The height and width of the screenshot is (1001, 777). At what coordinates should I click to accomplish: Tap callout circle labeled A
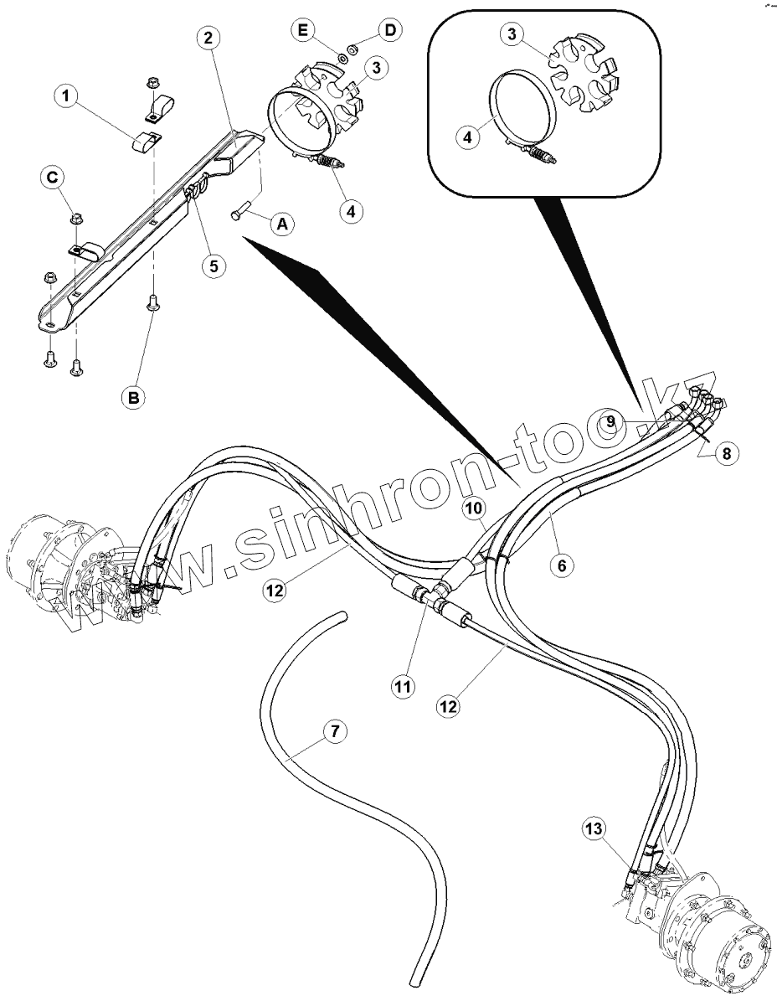tap(282, 224)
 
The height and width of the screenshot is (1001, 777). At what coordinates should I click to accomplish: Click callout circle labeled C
tap(53, 178)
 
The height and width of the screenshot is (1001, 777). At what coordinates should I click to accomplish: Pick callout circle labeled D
tap(388, 30)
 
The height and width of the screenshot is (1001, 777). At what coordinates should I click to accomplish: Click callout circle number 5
tap(214, 266)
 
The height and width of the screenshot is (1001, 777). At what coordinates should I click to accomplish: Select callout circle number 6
tap(562, 565)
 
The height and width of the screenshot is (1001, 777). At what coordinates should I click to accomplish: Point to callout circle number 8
tap(726, 453)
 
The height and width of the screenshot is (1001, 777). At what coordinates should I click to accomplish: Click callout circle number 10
tap(473, 508)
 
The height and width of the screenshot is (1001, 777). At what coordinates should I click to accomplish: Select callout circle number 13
tap(593, 829)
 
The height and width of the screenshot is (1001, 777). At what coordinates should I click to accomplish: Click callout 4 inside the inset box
tap(467, 137)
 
